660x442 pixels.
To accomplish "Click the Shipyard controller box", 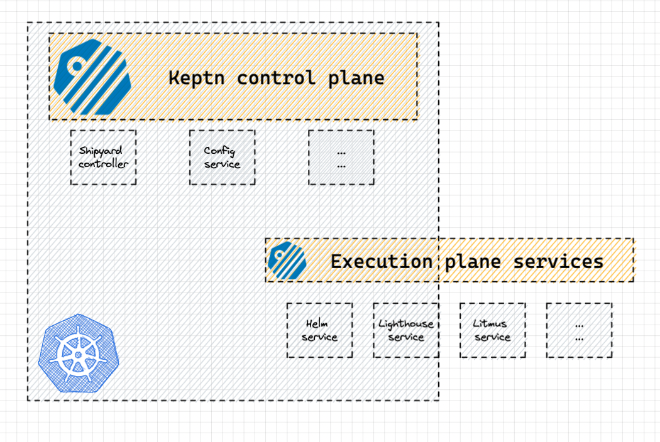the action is click(103, 158).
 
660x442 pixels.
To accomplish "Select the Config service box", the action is click(223, 158).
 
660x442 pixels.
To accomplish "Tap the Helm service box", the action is click(319, 330).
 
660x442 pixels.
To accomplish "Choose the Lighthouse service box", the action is click(406, 330).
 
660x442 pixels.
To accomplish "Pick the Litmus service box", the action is click(492, 330).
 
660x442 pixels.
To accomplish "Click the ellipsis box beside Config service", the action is click(341, 158).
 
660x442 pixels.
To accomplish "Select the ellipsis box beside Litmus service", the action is click(579, 330).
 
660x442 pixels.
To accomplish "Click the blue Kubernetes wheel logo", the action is click(79, 353).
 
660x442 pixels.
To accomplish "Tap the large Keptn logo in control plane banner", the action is click(92, 77).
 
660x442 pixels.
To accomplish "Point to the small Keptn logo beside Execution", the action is click(287, 261).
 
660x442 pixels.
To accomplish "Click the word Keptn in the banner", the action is click(197, 78).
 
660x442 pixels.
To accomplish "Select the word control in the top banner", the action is click(276, 78).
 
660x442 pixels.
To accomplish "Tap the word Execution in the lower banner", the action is click(382, 262).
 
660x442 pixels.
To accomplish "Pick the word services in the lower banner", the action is click(558, 262).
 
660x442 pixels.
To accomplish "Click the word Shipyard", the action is click(101, 151).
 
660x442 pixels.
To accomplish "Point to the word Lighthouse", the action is click(406, 324).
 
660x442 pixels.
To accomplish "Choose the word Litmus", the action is click(490, 323).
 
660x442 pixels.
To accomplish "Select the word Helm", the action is click(317, 323).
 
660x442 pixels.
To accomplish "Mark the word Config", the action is click(219, 151).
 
